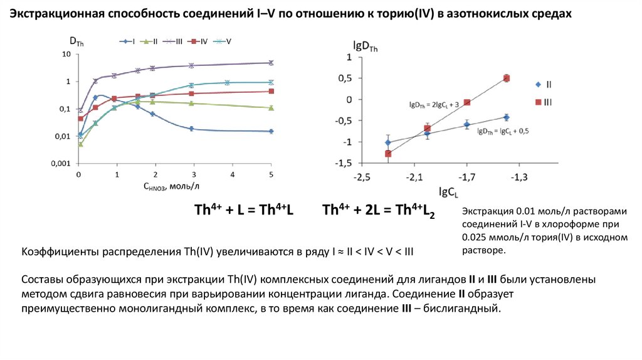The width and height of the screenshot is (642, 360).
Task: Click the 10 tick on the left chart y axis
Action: click(66, 55)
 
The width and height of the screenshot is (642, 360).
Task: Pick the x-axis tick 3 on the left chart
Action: click(194, 174)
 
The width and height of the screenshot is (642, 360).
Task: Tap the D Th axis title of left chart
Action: click(76, 42)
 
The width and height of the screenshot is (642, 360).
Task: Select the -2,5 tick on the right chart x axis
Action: click(361, 178)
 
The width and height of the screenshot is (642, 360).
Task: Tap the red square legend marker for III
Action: click(538, 102)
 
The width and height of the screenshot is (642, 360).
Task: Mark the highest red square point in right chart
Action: click(507, 78)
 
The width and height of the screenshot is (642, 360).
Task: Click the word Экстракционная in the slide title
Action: click(55, 14)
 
